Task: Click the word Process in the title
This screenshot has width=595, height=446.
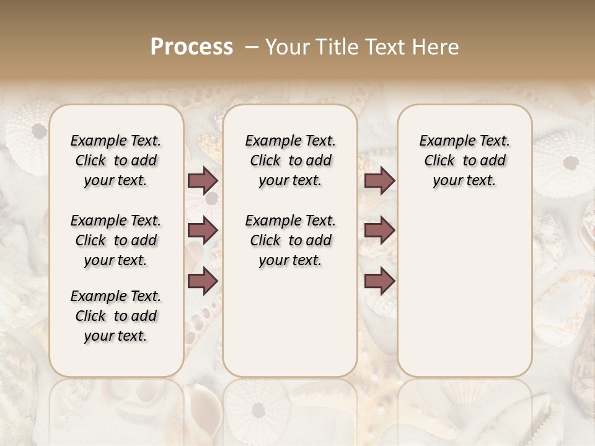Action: [192, 47]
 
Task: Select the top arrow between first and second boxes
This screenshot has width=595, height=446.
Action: [203, 181]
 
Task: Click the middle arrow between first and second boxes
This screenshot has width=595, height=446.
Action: [203, 230]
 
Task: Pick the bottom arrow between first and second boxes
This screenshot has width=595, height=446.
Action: [203, 281]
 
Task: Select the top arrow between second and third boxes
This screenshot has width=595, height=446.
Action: [379, 181]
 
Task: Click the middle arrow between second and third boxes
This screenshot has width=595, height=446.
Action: [379, 230]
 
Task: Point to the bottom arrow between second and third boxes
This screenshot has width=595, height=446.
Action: [379, 281]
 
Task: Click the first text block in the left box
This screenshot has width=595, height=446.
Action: [116, 160]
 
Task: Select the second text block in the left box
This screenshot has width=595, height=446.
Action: [116, 240]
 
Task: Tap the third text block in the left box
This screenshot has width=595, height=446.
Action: [116, 316]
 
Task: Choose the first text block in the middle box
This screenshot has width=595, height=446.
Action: [290, 160]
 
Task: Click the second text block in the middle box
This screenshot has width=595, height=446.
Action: [290, 240]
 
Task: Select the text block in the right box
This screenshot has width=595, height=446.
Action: [465, 160]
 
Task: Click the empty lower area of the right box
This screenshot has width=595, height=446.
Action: [465, 291]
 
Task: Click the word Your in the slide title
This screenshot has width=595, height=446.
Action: [287, 47]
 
